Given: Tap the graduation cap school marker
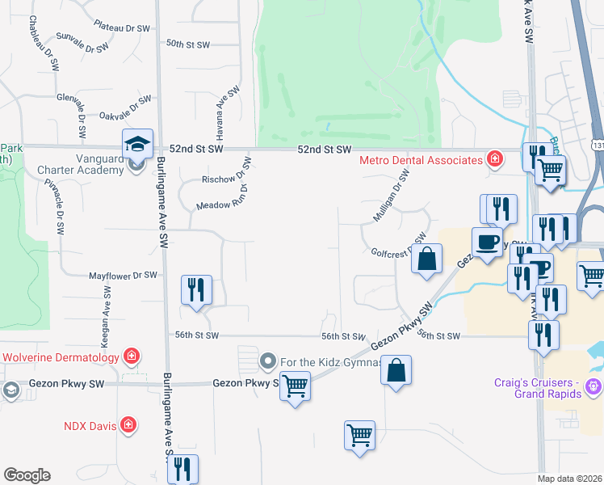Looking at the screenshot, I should (x=137, y=144).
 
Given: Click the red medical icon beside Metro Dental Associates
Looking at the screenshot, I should (x=495, y=159).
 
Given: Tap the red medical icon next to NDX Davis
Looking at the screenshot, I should (x=128, y=424).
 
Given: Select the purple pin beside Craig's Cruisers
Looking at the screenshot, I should (x=594, y=387).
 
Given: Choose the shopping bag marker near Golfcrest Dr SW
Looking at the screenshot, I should (x=428, y=259).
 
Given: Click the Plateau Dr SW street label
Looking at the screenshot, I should (x=122, y=27).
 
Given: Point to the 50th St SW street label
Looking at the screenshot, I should (x=187, y=43).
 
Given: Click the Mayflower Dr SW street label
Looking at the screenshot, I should (x=123, y=276).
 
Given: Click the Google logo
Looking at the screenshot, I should (x=27, y=475).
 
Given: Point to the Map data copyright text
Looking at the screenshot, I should (x=570, y=479).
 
